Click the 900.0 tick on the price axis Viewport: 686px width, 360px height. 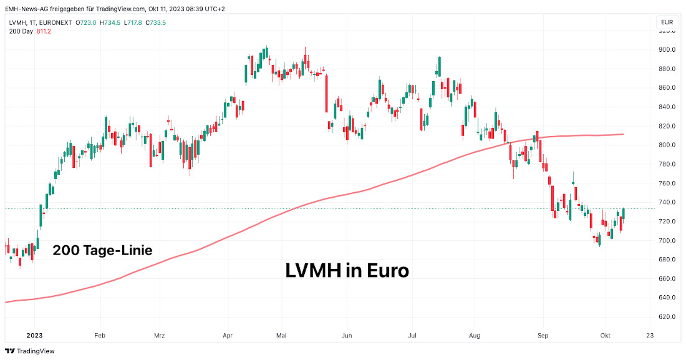click(667, 50)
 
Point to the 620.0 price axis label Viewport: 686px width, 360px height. click(667, 317)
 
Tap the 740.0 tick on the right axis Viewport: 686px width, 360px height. click(667, 203)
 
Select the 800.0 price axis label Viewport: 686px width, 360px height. click(667, 145)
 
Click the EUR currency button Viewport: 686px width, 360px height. click(667, 22)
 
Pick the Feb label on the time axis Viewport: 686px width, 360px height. click(100, 335)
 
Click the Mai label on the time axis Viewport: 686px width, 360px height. click(282, 335)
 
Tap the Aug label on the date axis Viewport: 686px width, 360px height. click(475, 335)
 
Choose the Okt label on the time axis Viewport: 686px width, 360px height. click(604, 335)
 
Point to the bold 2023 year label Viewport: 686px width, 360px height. click(34, 335)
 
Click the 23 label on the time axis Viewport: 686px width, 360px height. click(650, 335)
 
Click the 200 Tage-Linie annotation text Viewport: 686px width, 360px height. click(102, 251)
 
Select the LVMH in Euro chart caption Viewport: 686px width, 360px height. click(347, 270)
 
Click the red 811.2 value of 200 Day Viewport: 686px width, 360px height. click(44, 31)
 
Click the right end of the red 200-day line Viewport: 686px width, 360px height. click(624, 134)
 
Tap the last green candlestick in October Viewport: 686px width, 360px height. click(624, 213)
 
